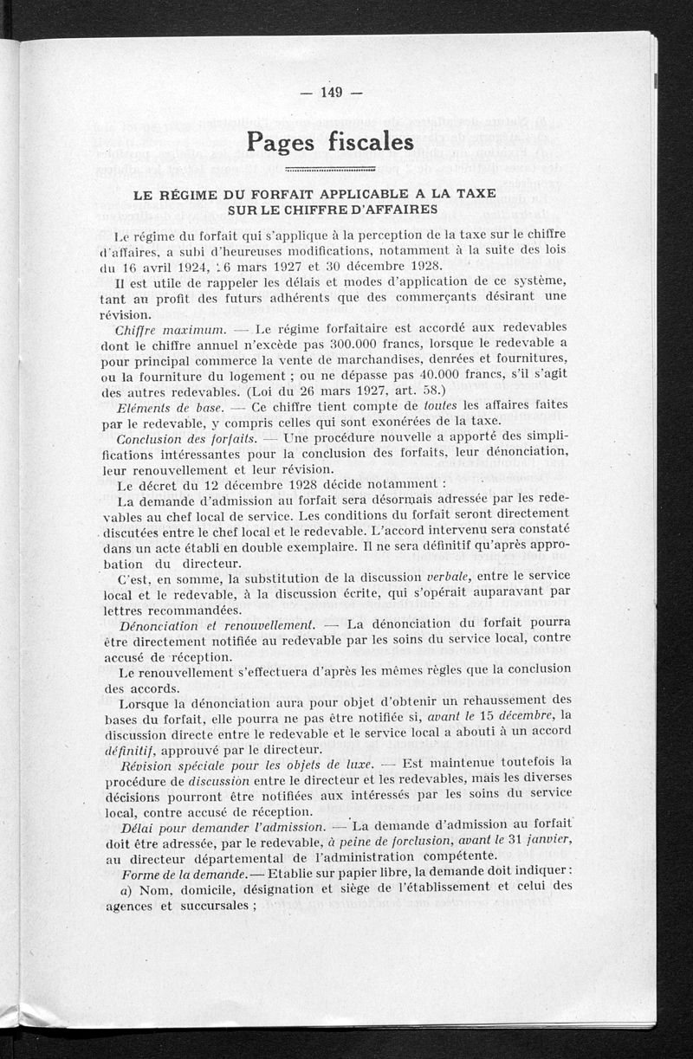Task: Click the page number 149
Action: point(332,93)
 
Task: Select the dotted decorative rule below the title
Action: point(328,169)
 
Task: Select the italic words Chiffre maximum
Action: point(171,329)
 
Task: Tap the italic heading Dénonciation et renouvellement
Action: point(216,624)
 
